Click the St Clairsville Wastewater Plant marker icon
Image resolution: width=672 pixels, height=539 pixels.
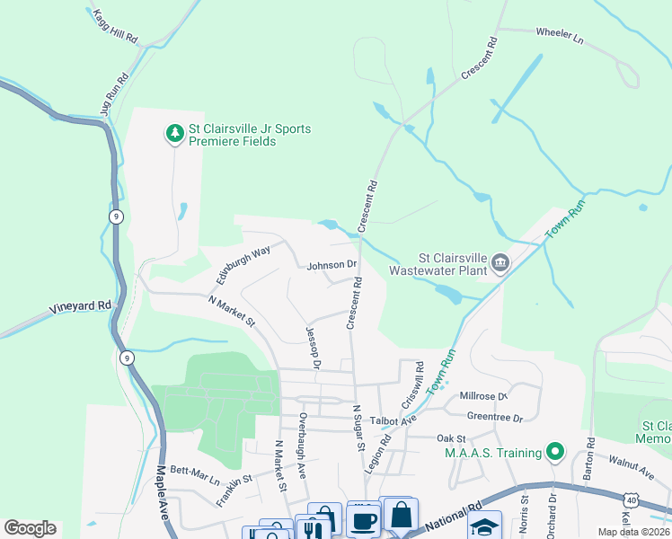pyautogui.click(x=500, y=262)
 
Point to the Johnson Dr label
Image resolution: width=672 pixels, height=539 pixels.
pyautogui.click(x=332, y=266)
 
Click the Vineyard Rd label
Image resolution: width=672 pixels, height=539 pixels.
pyautogui.click(x=80, y=305)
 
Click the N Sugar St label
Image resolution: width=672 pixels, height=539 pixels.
pyautogui.click(x=358, y=428)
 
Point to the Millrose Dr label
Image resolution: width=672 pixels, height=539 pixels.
pyautogui.click(x=483, y=395)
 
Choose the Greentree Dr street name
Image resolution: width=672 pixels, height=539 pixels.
pyautogui.click(x=494, y=417)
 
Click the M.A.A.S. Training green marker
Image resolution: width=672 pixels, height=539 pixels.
pyautogui.click(x=556, y=452)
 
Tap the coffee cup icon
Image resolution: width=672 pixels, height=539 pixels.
pyautogui.click(x=363, y=519)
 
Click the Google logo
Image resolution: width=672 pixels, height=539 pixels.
pyautogui.click(x=30, y=528)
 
